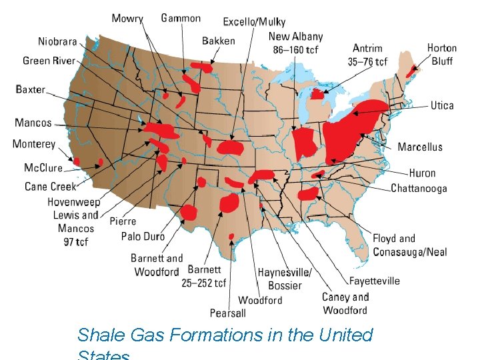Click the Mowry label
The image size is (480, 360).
point(127,18)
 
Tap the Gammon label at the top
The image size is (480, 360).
point(181,18)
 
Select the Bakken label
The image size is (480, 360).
point(219,41)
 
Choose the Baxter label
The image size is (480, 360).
point(31,89)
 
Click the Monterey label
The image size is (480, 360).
point(34,145)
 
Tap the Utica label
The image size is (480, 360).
point(442,105)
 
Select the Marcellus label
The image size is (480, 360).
point(420,147)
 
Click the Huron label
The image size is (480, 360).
point(422,174)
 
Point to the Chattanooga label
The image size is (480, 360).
point(419,189)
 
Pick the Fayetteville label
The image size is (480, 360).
point(375,281)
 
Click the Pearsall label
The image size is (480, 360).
point(228,313)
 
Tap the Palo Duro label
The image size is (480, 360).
point(143,236)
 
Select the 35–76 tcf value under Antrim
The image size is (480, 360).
point(368,61)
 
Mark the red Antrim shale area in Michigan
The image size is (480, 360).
point(317,95)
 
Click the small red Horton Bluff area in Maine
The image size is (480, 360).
point(413,69)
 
